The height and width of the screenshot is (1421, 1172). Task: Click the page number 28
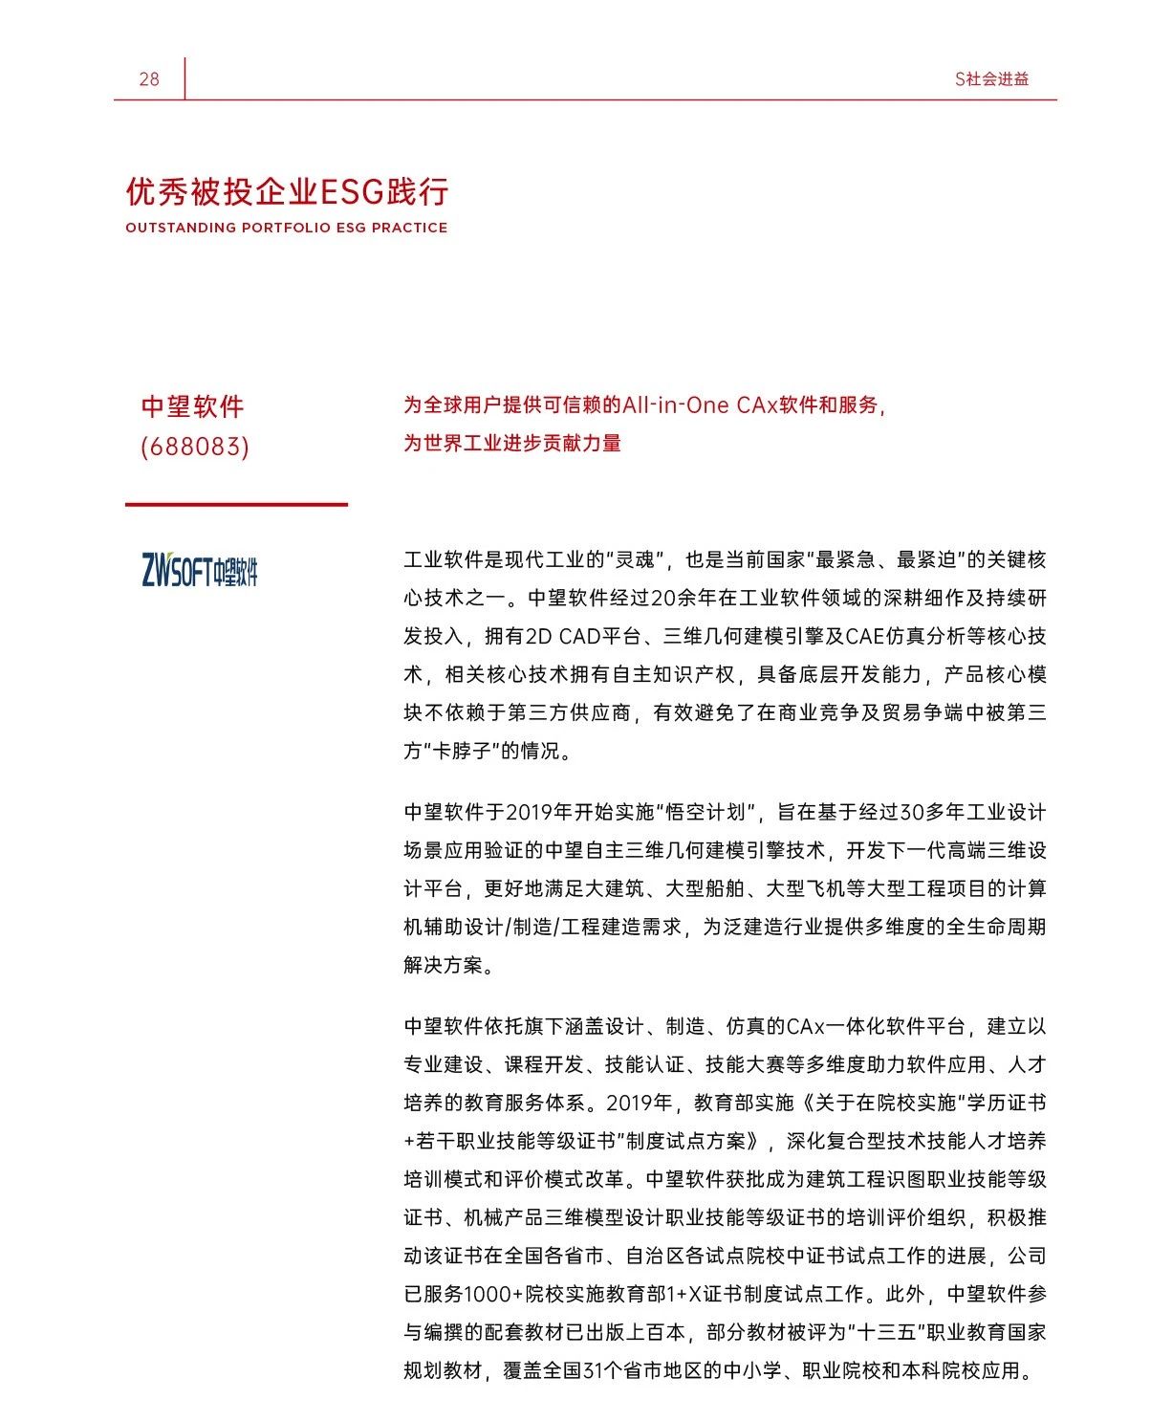pyautogui.click(x=149, y=79)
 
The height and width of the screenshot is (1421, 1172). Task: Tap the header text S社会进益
pyautogui.click(x=991, y=79)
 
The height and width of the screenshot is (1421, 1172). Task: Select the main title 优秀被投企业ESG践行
pyautogui.click(x=287, y=192)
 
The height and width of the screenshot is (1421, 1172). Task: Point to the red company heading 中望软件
pyautogui.click(x=192, y=406)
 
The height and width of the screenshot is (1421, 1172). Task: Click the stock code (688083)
pyautogui.click(x=194, y=447)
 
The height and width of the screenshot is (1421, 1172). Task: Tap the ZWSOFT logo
pyautogui.click(x=200, y=570)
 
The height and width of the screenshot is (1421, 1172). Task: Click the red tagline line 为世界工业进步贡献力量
pyautogui.click(x=511, y=443)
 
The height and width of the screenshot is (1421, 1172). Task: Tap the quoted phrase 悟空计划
pyautogui.click(x=705, y=812)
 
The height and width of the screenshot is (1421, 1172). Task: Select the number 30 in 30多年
pyautogui.click(x=910, y=812)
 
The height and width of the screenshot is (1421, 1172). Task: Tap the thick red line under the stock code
pyautogui.click(x=236, y=504)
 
